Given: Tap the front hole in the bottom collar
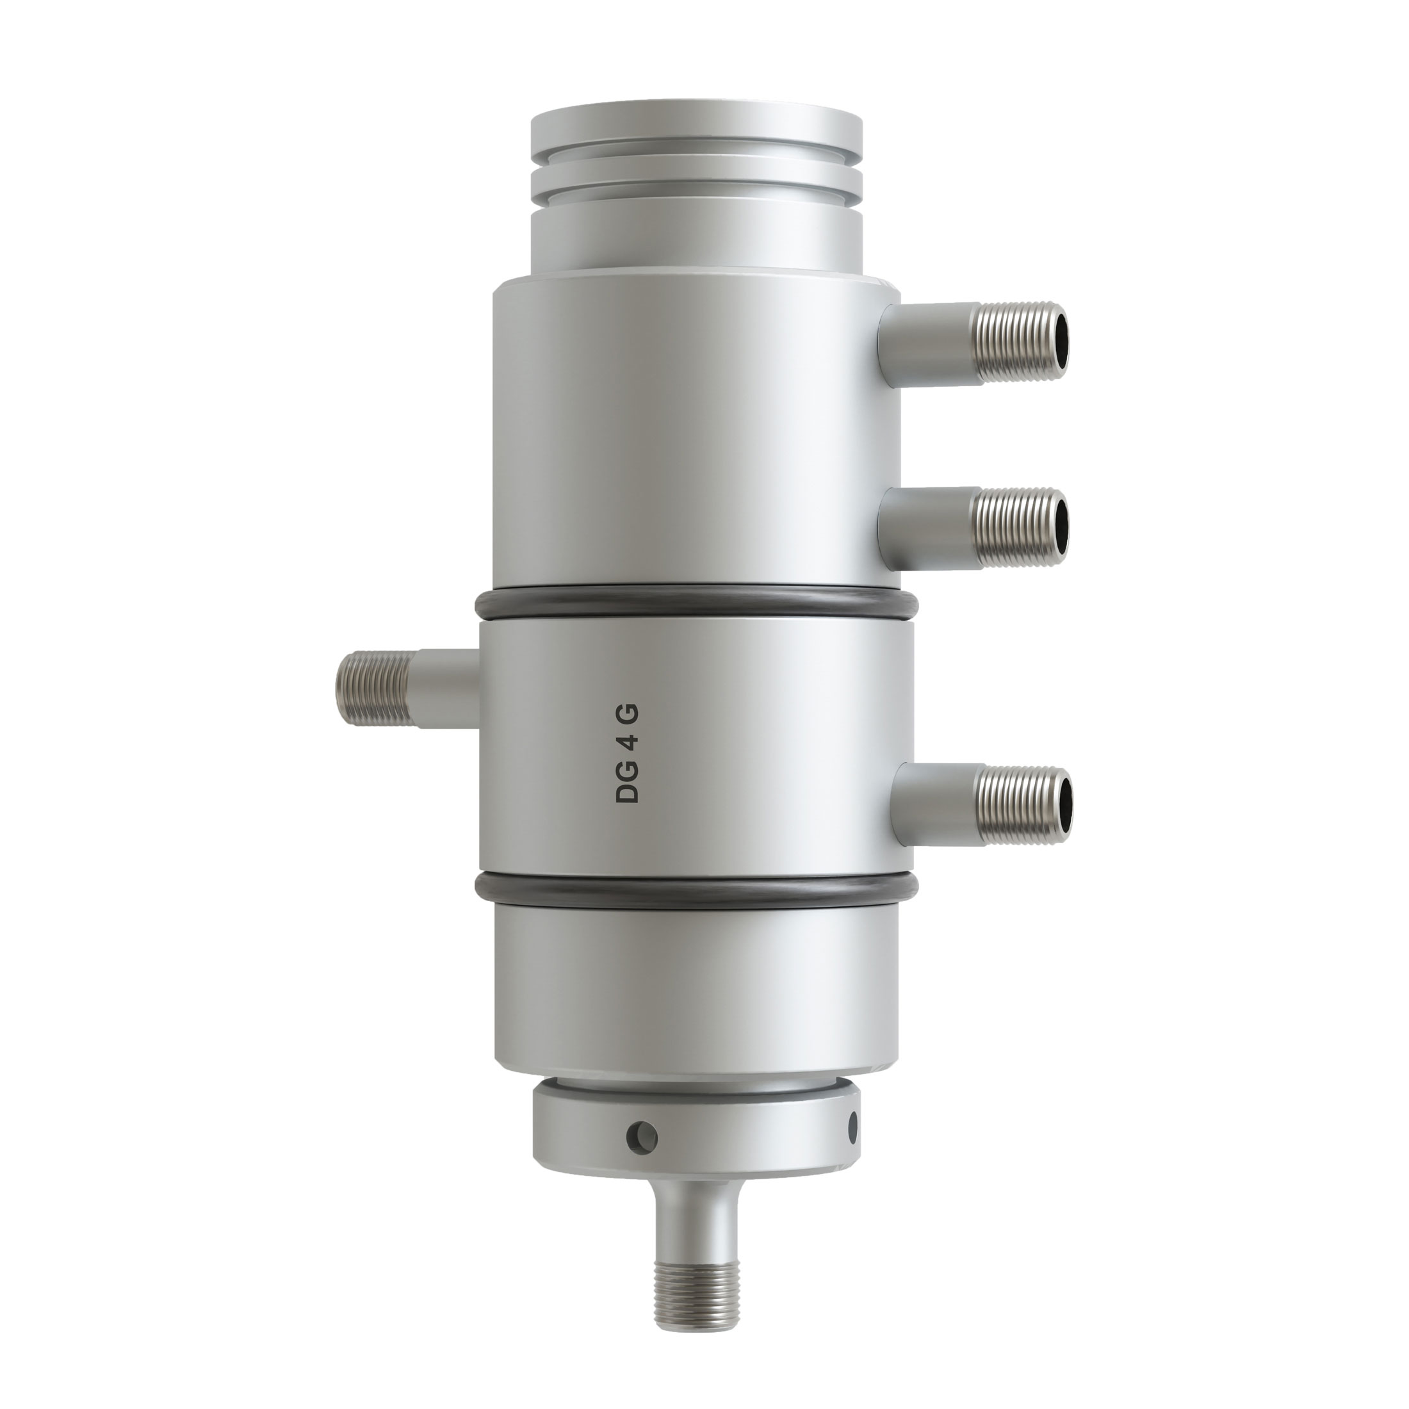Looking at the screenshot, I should coord(642,1155).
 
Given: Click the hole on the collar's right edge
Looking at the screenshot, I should coord(852,1148).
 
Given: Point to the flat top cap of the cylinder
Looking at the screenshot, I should coord(696,131).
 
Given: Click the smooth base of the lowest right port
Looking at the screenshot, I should coord(937,802).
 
